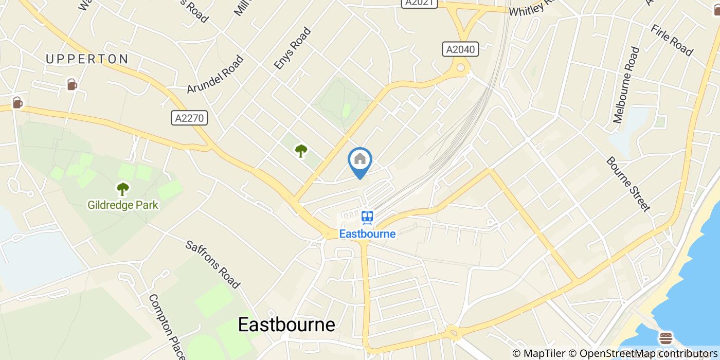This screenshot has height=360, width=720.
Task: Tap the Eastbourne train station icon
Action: pos(367,218)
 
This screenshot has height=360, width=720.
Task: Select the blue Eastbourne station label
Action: pos(367,234)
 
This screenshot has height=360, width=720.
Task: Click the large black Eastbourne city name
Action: pos(286,325)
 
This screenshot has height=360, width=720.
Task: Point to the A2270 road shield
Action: pos(189,118)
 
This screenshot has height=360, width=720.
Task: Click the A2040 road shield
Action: pos(460,49)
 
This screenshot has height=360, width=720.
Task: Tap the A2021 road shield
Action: pos(419,3)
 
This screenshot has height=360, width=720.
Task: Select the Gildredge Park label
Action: pos(123,205)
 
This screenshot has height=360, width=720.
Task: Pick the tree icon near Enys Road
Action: pos(301,151)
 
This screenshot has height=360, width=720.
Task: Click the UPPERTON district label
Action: pos(87,59)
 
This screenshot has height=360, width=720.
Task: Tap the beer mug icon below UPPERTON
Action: pos(72,84)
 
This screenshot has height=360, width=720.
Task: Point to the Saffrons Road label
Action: pos(213,264)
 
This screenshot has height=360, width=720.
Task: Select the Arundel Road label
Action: pos(215,75)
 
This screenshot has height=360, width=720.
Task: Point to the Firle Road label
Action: pos(672,39)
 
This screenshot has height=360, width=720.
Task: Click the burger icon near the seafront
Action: pos(666,338)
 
